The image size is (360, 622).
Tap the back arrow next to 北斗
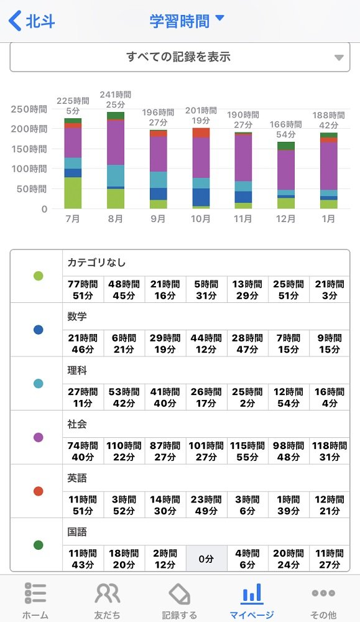[15, 21]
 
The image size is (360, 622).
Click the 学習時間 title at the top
[179, 21]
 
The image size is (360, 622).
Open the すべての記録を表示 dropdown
[180, 57]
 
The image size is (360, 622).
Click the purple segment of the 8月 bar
[116, 142]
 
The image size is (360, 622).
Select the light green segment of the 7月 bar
[73, 193]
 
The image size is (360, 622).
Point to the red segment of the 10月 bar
[201, 133]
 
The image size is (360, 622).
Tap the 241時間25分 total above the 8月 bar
[116, 100]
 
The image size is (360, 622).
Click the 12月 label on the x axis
[285, 218]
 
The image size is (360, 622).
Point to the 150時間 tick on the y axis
[29, 149]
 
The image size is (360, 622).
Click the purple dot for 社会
[38, 437]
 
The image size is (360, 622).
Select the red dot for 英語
[38, 491]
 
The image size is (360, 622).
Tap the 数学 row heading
[77, 317]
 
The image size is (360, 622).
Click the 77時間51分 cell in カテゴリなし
[83, 290]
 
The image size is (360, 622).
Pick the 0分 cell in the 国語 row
[206, 559]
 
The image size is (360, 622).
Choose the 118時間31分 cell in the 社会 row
[330, 451]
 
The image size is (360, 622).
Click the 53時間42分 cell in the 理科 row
[124, 397]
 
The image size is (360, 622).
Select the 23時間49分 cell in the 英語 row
[206, 505]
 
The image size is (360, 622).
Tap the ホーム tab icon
[35, 593]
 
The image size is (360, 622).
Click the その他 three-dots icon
[323, 593]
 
